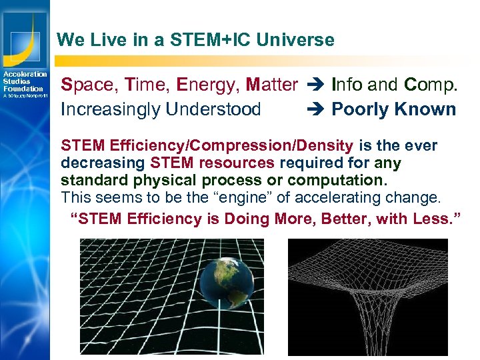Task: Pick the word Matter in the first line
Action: [271, 85]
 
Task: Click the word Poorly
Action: [361, 109]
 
